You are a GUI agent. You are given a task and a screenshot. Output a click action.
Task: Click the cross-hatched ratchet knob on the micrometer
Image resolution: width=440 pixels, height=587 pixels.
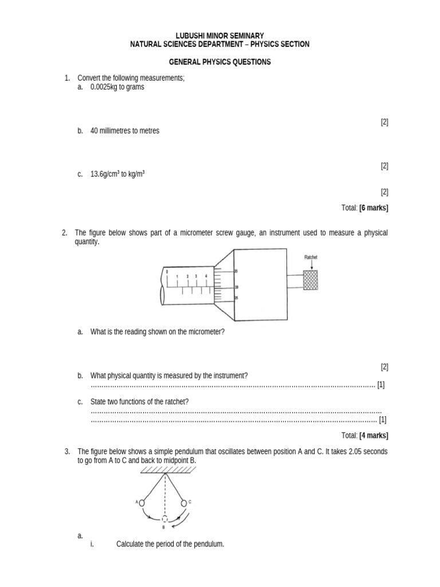[312, 280]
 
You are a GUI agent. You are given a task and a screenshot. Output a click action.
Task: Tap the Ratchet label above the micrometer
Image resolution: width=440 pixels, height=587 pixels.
[311, 257]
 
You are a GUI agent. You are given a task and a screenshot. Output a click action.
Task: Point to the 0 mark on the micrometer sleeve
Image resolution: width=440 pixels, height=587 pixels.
[167, 271]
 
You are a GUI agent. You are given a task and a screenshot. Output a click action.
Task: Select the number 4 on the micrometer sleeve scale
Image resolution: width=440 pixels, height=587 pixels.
[206, 276]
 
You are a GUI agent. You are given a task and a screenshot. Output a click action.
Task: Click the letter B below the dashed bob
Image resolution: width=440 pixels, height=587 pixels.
[163, 527]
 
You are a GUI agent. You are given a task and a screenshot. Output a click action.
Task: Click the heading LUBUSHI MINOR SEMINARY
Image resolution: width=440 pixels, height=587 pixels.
[220, 36]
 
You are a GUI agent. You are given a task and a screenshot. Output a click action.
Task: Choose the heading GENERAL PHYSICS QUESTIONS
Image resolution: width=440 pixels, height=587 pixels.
[220, 62]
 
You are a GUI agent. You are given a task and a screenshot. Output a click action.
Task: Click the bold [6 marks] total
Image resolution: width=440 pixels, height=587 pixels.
[374, 208]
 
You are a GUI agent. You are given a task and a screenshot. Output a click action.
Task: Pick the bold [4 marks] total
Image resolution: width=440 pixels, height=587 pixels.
[374, 436]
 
